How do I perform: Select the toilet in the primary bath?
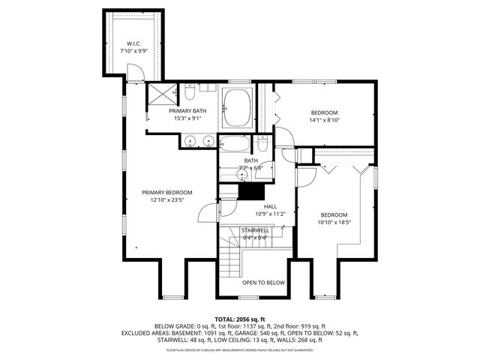pyautogui.click(x=190, y=94)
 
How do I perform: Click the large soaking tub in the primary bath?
pyautogui.click(x=238, y=107)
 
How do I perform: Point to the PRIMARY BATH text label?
pyautogui.click(x=187, y=111)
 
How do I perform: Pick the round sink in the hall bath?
pyautogui.click(x=243, y=175)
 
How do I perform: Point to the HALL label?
pyautogui.click(x=270, y=206)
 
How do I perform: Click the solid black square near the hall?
pyautogui.click(x=247, y=190)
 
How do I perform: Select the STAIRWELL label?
pyautogui.click(x=254, y=230)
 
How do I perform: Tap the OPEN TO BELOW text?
pyautogui.click(x=263, y=283)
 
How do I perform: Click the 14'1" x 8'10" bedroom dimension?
pyautogui.click(x=324, y=119)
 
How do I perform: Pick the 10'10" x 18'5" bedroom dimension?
pyautogui.click(x=334, y=221)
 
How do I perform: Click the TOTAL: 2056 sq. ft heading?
pyautogui.click(x=240, y=319)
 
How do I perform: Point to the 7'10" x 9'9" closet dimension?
pyautogui.click(x=134, y=50)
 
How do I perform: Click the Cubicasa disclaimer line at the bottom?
pyautogui.click(x=240, y=349)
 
